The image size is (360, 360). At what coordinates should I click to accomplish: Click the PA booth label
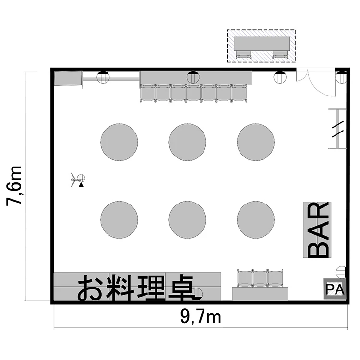[x=335, y=289]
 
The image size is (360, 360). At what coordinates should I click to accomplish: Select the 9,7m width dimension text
[x=201, y=317]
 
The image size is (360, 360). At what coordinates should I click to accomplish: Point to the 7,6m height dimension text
[x=14, y=185]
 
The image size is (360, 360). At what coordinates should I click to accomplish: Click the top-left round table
[x=119, y=142]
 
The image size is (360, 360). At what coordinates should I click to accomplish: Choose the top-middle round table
[x=187, y=142]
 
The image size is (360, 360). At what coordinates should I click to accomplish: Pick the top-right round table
[x=256, y=142]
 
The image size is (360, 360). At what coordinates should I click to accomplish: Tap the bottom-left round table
[x=119, y=220]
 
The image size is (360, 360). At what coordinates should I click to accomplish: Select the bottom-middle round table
[x=187, y=220]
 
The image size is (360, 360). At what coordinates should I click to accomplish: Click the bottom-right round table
[x=256, y=220]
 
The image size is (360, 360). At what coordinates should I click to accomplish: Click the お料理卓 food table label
[x=136, y=288]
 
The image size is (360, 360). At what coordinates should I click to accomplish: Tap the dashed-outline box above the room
[x=261, y=46]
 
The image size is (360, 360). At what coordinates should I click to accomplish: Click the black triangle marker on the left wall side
[x=81, y=185]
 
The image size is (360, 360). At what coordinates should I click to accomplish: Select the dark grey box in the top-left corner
[x=68, y=78]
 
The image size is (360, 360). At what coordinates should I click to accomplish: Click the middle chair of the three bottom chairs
[x=260, y=278]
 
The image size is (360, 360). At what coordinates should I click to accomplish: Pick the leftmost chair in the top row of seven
[x=148, y=93]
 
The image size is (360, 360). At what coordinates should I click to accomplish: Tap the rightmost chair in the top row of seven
[x=239, y=93]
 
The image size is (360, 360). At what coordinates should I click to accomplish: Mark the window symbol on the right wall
[x=338, y=129]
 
